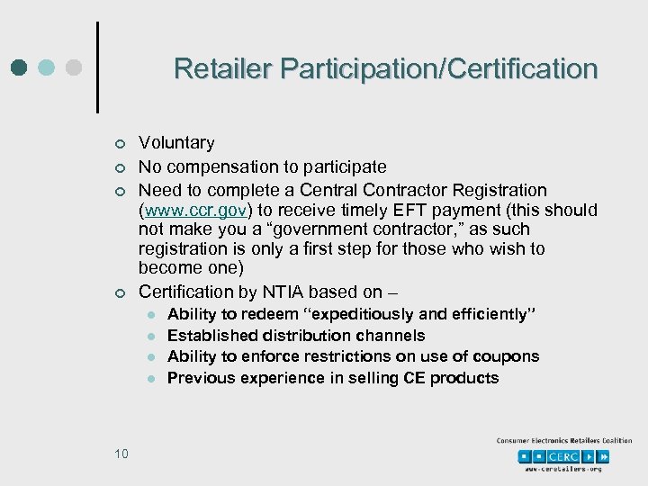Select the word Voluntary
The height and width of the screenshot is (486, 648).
click(x=176, y=143)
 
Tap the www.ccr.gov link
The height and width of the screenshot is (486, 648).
click(x=188, y=211)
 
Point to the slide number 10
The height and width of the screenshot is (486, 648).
click(x=121, y=453)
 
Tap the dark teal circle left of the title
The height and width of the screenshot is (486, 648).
click(x=21, y=68)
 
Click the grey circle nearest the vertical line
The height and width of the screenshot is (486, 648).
click(x=75, y=68)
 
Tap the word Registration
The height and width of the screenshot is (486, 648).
click(x=501, y=191)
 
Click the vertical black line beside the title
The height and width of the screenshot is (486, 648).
click(x=96, y=67)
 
